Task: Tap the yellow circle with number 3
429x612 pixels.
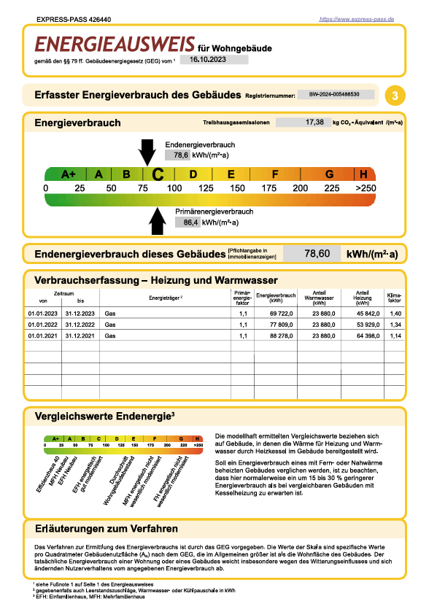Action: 395,96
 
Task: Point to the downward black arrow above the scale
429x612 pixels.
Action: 147,152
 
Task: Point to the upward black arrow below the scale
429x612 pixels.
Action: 157,221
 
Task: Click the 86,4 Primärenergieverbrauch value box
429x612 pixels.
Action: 188,222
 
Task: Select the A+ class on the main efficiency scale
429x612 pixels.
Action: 69,174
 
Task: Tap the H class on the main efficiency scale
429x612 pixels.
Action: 363,174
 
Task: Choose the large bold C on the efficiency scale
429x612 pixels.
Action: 157,174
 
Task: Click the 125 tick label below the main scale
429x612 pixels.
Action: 206,189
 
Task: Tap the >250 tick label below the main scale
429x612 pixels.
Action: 365,189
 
